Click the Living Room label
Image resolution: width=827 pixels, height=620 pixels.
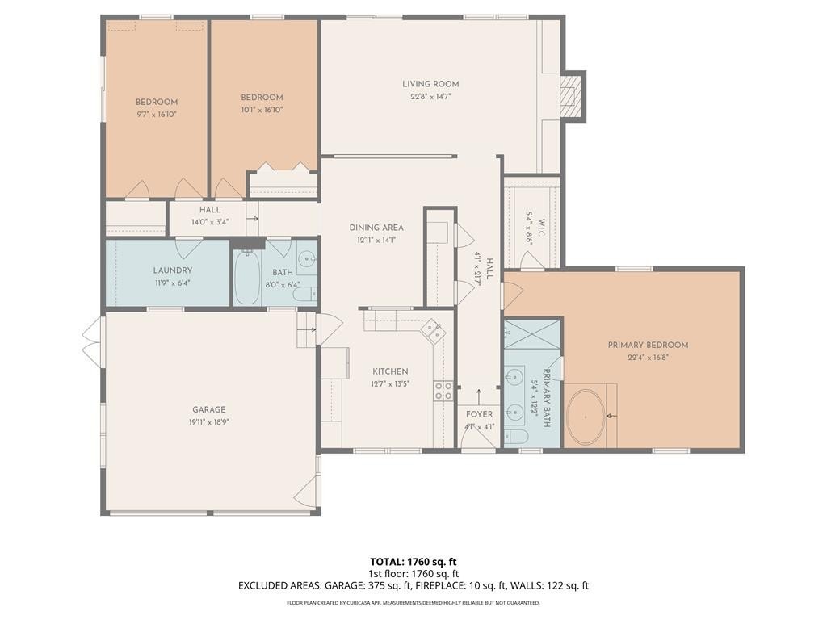(x=430, y=84)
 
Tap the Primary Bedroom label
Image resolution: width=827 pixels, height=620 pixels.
(x=648, y=346)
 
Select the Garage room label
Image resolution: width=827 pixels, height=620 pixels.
(x=209, y=409)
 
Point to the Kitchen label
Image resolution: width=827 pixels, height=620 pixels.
(x=390, y=371)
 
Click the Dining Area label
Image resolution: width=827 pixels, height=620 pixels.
(x=376, y=228)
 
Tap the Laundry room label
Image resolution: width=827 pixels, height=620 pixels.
(x=173, y=270)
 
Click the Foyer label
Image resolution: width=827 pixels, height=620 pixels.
(x=479, y=414)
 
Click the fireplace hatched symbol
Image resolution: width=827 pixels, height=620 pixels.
(x=569, y=96)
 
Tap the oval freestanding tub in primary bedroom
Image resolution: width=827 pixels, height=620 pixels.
(x=586, y=417)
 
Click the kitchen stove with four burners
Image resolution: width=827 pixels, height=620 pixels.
(x=443, y=391)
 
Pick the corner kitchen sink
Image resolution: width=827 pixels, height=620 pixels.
(x=434, y=331)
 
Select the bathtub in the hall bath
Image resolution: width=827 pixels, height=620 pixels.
(x=247, y=277)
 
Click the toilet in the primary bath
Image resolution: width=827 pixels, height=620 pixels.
(x=516, y=437)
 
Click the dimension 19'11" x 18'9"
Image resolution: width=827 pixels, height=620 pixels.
(x=209, y=421)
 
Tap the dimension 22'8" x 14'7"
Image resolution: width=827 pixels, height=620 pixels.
(x=430, y=97)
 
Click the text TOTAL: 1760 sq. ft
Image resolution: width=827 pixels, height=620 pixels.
(x=413, y=562)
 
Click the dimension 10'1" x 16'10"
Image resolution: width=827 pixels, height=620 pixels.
(x=262, y=110)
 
